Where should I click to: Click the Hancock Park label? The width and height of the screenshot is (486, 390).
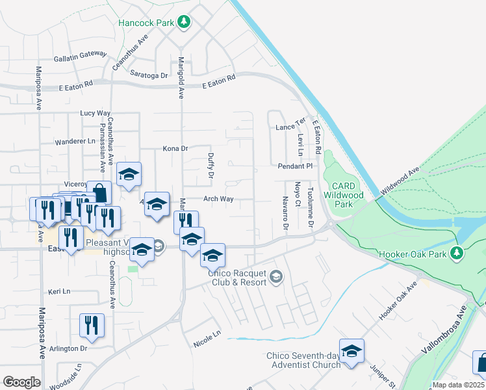(x=146, y=23)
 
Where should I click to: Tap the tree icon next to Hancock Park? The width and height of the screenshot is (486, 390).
(x=185, y=23)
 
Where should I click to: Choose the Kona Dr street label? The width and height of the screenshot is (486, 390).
(x=175, y=149)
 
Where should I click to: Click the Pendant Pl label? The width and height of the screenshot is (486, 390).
(x=296, y=166)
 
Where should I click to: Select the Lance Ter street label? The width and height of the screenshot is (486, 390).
(x=290, y=125)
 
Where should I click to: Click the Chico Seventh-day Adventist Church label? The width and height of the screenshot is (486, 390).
(x=303, y=360)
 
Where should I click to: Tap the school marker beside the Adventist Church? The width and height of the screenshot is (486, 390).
(x=352, y=352)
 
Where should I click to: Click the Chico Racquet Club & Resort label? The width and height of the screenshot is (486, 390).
(x=237, y=278)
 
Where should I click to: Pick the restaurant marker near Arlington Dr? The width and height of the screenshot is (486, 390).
(x=92, y=325)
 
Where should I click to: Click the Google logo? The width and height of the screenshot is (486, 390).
(x=21, y=382)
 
